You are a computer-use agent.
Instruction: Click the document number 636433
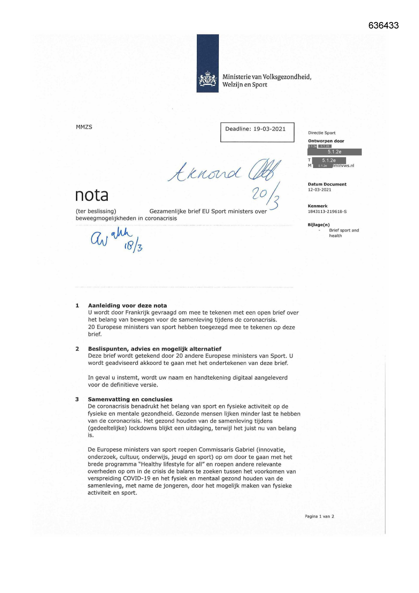tap(383, 26)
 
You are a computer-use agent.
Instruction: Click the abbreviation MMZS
tap(84, 127)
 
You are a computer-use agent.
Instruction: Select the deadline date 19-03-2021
tap(269, 129)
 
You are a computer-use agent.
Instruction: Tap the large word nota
tap(91, 195)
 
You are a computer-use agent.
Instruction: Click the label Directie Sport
tap(321, 133)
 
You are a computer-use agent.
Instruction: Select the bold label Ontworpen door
tap(326, 141)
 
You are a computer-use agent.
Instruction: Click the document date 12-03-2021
tap(319, 190)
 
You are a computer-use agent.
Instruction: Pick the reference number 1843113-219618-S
tap(327, 212)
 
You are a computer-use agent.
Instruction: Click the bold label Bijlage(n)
tap(318, 225)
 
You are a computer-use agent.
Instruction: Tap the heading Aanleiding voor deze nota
tap(127, 306)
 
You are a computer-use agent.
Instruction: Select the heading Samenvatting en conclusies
tap(130, 399)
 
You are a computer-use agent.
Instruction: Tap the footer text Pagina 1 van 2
tap(319, 516)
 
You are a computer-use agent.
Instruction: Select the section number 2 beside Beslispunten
tap(77, 349)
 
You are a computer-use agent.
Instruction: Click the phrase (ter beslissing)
tap(96, 211)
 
